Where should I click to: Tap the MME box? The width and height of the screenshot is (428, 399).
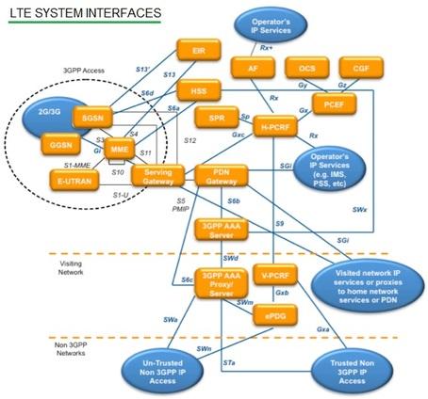(x=120, y=151)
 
